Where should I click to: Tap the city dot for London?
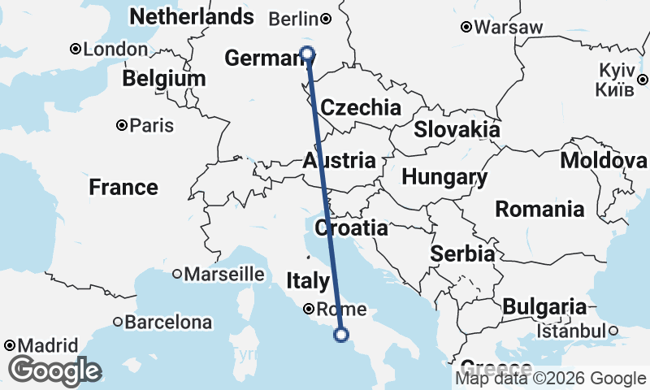76,49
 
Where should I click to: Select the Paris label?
151,126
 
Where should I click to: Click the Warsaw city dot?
466,27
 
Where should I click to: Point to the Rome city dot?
309,309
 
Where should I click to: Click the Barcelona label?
167,323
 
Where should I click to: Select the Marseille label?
223,275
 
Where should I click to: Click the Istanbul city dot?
613,331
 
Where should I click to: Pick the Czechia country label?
360,107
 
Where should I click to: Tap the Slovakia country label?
457,129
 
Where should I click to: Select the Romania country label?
539,209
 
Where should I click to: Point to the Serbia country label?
462,253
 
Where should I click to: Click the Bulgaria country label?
544,306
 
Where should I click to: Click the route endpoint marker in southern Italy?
341,334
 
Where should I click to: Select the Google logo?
54,370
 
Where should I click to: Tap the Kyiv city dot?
641,80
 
